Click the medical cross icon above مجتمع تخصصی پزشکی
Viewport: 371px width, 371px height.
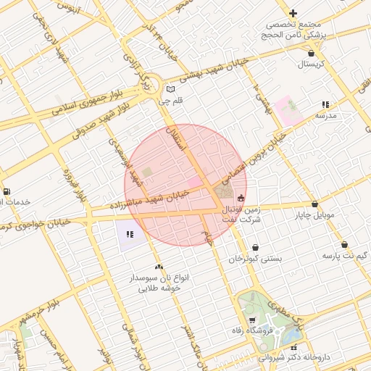(293, 13)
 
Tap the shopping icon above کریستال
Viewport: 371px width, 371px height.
(311, 53)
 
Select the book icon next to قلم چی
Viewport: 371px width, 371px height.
(171, 90)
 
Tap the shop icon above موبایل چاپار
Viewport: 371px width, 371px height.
(314, 204)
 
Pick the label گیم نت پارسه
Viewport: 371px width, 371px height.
(344, 257)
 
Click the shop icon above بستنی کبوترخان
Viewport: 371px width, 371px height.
(255, 247)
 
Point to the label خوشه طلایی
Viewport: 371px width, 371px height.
(158, 288)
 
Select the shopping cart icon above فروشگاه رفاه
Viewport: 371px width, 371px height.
(251, 320)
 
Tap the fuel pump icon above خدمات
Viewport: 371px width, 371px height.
(7, 191)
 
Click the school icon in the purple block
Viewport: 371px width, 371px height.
(130, 234)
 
